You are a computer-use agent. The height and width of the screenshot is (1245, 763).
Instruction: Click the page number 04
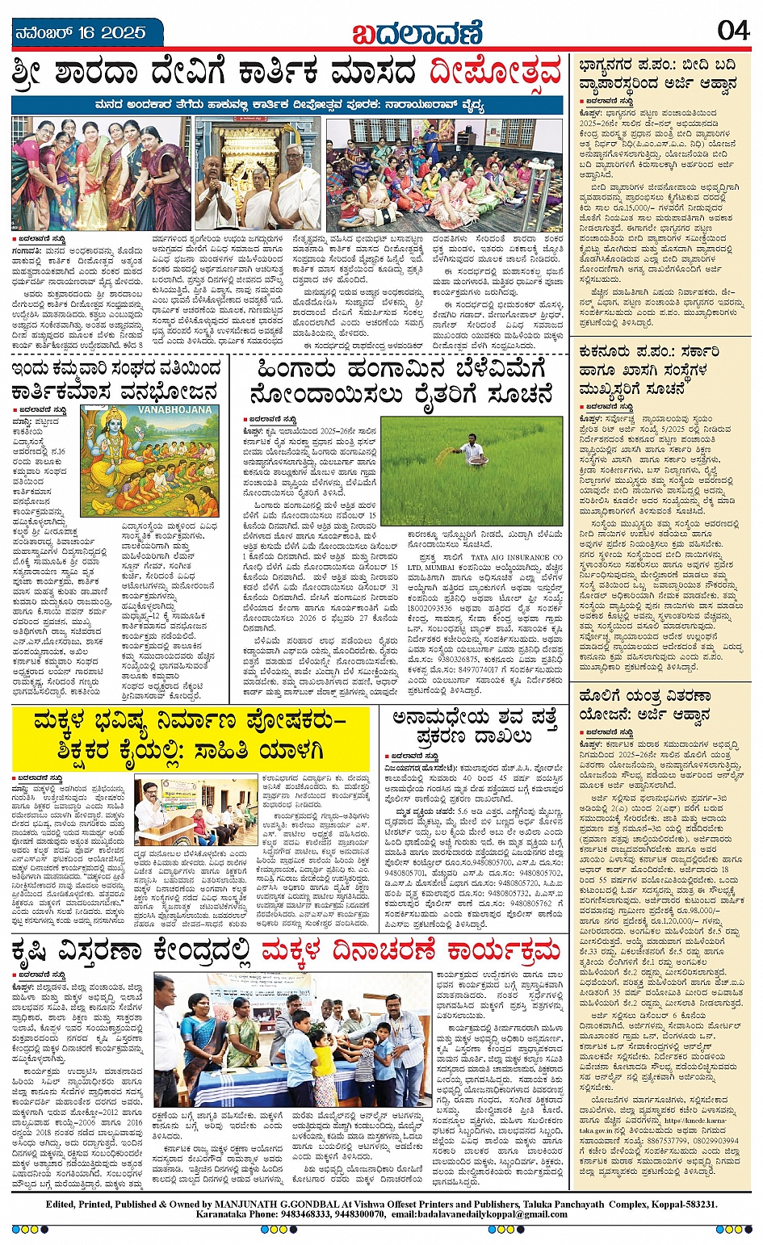[x=732, y=30]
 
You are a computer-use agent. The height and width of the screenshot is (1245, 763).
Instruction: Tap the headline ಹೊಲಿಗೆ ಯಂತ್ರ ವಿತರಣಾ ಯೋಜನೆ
[x=644, y=705]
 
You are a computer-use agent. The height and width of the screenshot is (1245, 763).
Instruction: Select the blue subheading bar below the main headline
[x=287, y=106]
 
